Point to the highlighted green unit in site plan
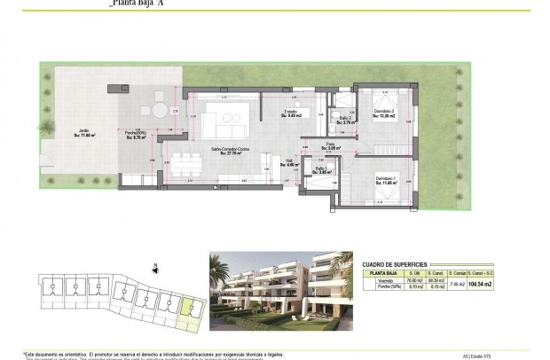pyautogui.click(x=188, y=308)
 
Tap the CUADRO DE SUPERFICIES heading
pyautogui.click(x=396, y=264)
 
